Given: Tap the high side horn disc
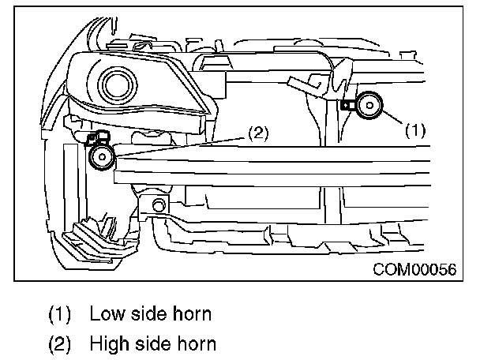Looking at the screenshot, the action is [x=101, y=157].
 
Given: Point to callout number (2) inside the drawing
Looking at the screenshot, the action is [x=257, y=133].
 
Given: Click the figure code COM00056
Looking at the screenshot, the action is [x=414, y=269].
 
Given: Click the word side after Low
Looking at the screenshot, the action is [x=147, y=314].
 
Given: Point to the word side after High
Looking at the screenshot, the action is [x=152, y=343].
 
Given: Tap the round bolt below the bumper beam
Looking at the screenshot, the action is [x=158, y=206].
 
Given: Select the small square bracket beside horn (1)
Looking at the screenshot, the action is [x=347, y=103].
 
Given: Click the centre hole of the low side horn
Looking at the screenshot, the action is [x=369, y=105].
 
